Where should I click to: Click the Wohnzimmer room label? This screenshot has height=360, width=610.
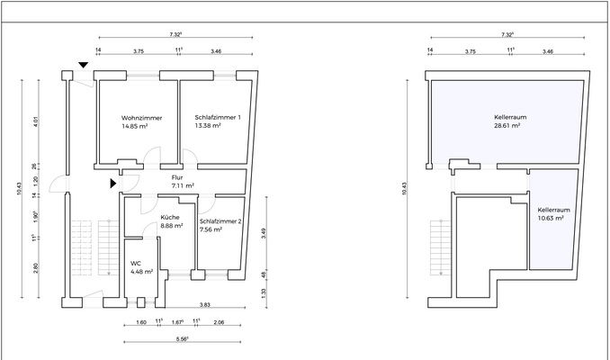point(141,118)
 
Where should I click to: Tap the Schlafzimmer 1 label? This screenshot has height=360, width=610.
point(218,117)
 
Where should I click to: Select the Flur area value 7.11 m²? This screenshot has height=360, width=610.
point(183,185)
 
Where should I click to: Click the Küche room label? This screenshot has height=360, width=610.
point(170,217)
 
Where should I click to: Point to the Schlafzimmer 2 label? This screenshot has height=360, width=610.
point(220,221)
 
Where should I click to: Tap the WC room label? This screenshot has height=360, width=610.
point(136,264)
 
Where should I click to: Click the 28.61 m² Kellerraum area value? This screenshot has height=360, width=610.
point(507,126)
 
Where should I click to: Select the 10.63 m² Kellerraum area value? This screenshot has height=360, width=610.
point(551,219)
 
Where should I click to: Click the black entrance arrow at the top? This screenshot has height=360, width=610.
point(84,65)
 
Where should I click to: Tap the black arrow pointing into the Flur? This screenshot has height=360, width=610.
point(112,184)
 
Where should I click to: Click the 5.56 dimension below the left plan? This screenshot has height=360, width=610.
point(182,339)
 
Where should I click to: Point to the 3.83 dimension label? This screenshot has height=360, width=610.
point(204,305)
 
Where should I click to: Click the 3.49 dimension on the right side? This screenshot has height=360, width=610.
point(264,233)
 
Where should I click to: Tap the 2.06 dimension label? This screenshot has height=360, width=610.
point(219,322)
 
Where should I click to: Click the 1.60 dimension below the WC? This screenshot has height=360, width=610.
point(141,322)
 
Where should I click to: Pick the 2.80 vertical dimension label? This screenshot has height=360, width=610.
point(36,268)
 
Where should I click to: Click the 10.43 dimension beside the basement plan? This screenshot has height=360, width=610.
point(405,189)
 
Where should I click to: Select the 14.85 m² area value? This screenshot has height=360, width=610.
point(135,126)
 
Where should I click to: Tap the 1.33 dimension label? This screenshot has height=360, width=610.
point(264,292)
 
